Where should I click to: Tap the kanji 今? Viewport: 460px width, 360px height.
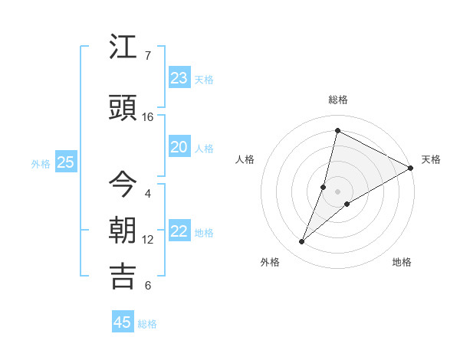[123, 183]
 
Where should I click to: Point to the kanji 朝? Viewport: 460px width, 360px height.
[123, 230]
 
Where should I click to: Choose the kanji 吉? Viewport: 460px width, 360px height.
[123, 276]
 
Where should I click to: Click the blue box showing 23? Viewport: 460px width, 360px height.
[179, 78]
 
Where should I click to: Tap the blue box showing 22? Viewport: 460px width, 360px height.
[179, 231]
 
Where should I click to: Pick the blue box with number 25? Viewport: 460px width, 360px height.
[66, 162]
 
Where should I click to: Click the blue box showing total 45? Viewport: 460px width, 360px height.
[123, 322]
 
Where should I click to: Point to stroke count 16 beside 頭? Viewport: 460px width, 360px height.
[148, 117]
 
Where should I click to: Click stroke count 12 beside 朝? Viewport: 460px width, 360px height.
[148, 240]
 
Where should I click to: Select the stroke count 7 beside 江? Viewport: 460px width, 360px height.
[148, 56]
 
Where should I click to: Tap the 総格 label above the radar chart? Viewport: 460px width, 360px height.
[338, 100]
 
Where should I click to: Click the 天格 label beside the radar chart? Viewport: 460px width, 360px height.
[431, 159]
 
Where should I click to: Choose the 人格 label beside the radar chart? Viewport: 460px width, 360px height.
[245, 159]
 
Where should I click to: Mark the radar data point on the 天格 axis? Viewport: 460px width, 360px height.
[410, 168]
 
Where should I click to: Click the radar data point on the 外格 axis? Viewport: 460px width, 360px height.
[302, 242]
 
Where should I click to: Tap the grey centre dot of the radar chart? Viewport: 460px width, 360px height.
[337, 191]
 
